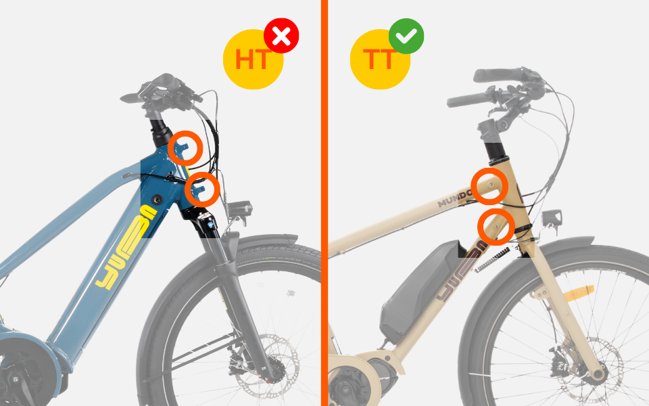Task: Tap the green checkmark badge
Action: click(406, 37)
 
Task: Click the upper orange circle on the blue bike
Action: click(185, 148)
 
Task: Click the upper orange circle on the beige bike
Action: click(489, 186)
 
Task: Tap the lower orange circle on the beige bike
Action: click(496, 226)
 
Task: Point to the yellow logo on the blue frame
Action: click(128, 247)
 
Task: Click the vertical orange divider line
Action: click(324, 203)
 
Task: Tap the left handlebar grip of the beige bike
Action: click(467, 100)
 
